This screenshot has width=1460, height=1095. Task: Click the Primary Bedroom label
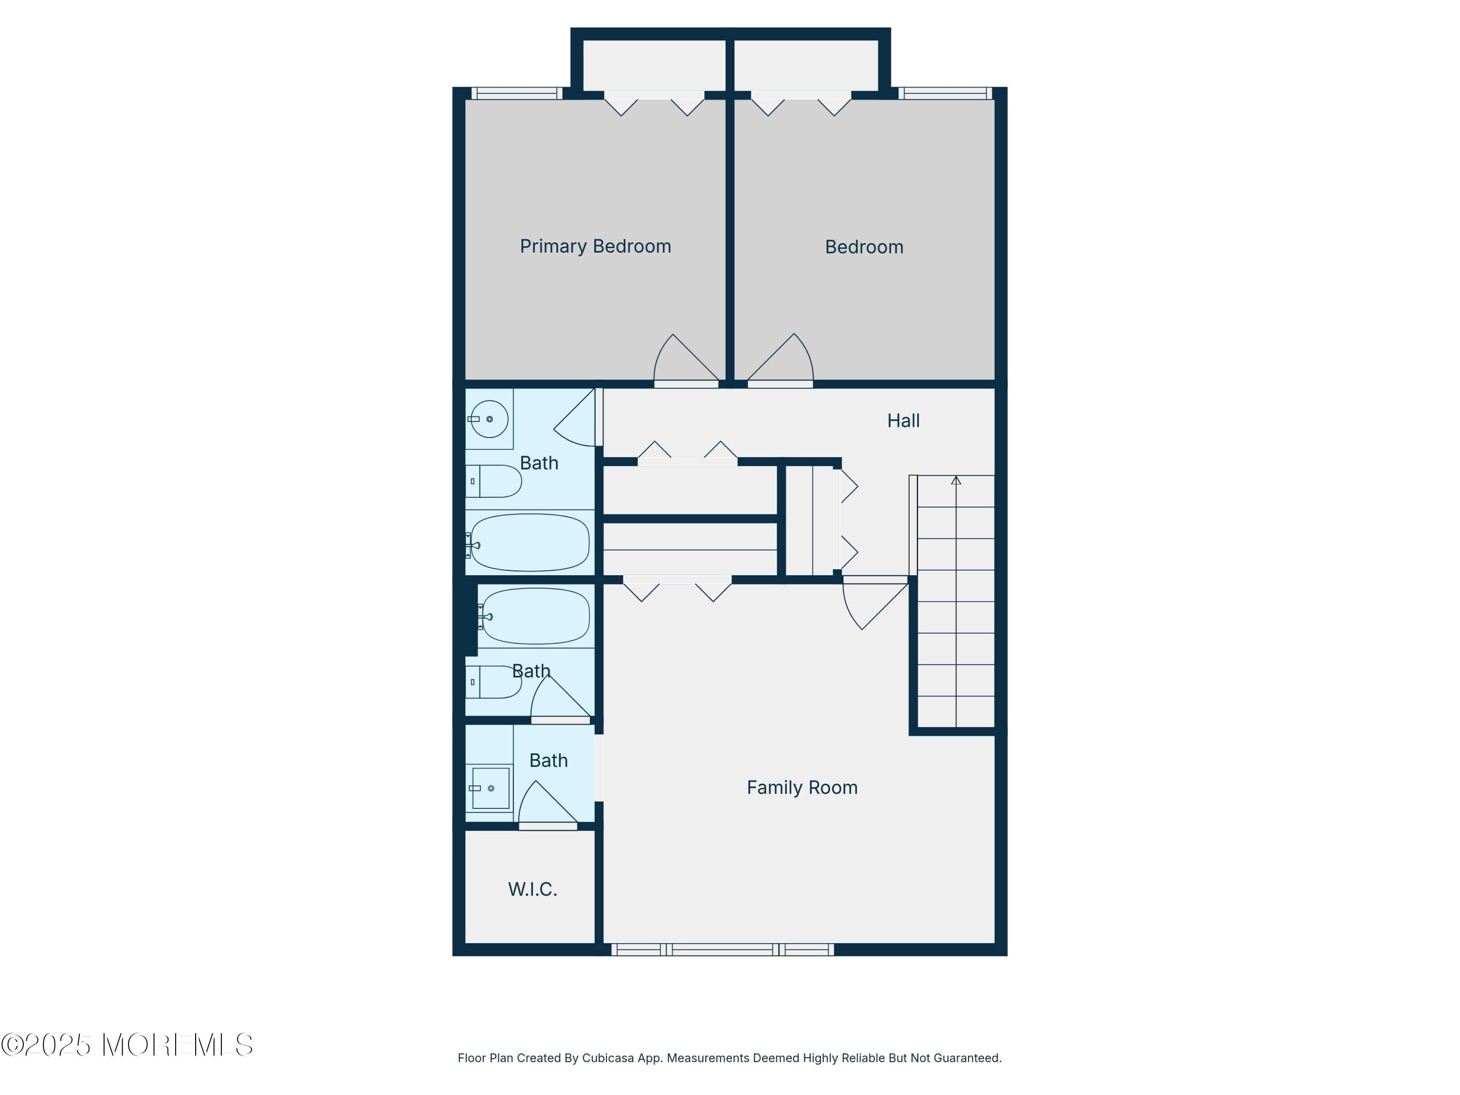tap(595, 246)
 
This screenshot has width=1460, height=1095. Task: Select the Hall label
tap(902, 420)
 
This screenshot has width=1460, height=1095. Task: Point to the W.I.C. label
tap(532, 889)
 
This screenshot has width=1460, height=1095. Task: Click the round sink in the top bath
tap(489, 419)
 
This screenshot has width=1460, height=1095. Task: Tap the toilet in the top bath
tap(495, 481)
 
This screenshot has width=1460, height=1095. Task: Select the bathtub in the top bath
tap(529, 543)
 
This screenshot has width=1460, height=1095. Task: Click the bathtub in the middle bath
tap(535, 616)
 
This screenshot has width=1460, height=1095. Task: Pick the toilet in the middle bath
tap(494, 682)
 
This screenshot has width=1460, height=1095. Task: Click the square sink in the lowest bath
tap(491, 788)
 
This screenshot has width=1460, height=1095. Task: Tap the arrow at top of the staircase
tap(956, 480)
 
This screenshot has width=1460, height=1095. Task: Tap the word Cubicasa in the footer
tap(607, 1058)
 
